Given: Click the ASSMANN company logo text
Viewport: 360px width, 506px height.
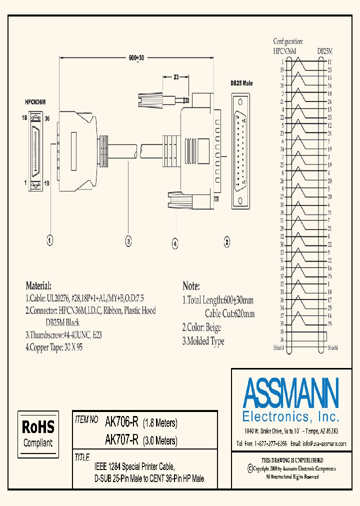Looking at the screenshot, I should pos(290,392).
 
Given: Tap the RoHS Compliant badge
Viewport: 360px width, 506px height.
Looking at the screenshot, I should pos(38,433).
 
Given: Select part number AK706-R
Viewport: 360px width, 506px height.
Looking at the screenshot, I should pos(121,422).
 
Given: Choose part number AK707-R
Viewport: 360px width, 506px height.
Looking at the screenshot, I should pos(121,440).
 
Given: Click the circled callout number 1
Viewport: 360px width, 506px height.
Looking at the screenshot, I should pos(49,241).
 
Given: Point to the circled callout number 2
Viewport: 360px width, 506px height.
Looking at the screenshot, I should pos(226,242).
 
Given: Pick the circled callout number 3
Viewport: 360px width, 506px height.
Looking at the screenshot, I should pos(128,241).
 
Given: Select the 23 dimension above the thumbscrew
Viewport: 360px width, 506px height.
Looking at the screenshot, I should pos(176,77).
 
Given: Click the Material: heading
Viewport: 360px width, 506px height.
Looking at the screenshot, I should pos(38,286).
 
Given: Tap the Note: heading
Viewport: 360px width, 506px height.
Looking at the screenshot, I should pos(191,286).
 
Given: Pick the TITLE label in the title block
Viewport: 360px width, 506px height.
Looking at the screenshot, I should pos(81,457).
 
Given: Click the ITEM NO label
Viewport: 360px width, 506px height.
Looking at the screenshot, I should pos(86,420).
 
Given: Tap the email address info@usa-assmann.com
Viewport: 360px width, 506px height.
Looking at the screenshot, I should pos(318,443).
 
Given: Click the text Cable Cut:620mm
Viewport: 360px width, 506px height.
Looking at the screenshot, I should pos(229,314).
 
